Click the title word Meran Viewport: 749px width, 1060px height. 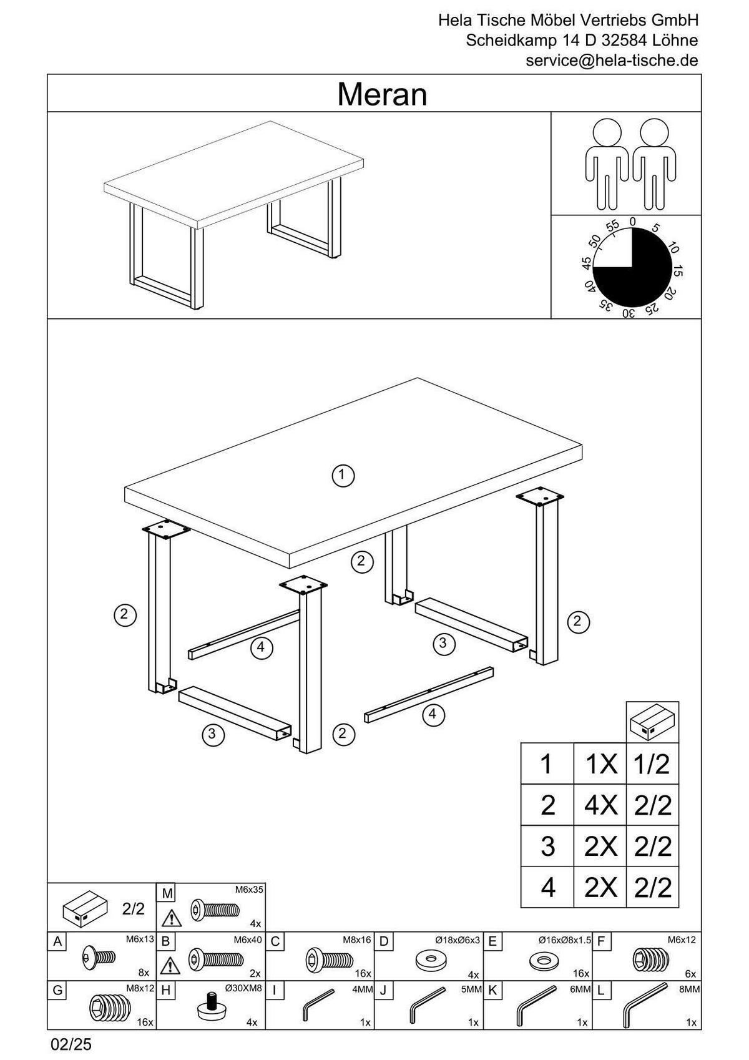click(x=382, y=95)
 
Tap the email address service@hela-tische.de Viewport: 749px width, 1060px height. click(x=612, y=61)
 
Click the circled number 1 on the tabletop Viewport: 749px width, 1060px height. click(x=343, y=475)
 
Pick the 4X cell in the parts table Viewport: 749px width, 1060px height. click(x=600, y=805)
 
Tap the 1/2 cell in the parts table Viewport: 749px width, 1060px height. click(x=652, y=764)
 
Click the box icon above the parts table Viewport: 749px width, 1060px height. click(x=652, y=722)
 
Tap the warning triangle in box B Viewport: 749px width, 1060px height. click(x=168, y=966)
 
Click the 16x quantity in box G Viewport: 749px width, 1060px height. click(x=145, y=1023)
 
